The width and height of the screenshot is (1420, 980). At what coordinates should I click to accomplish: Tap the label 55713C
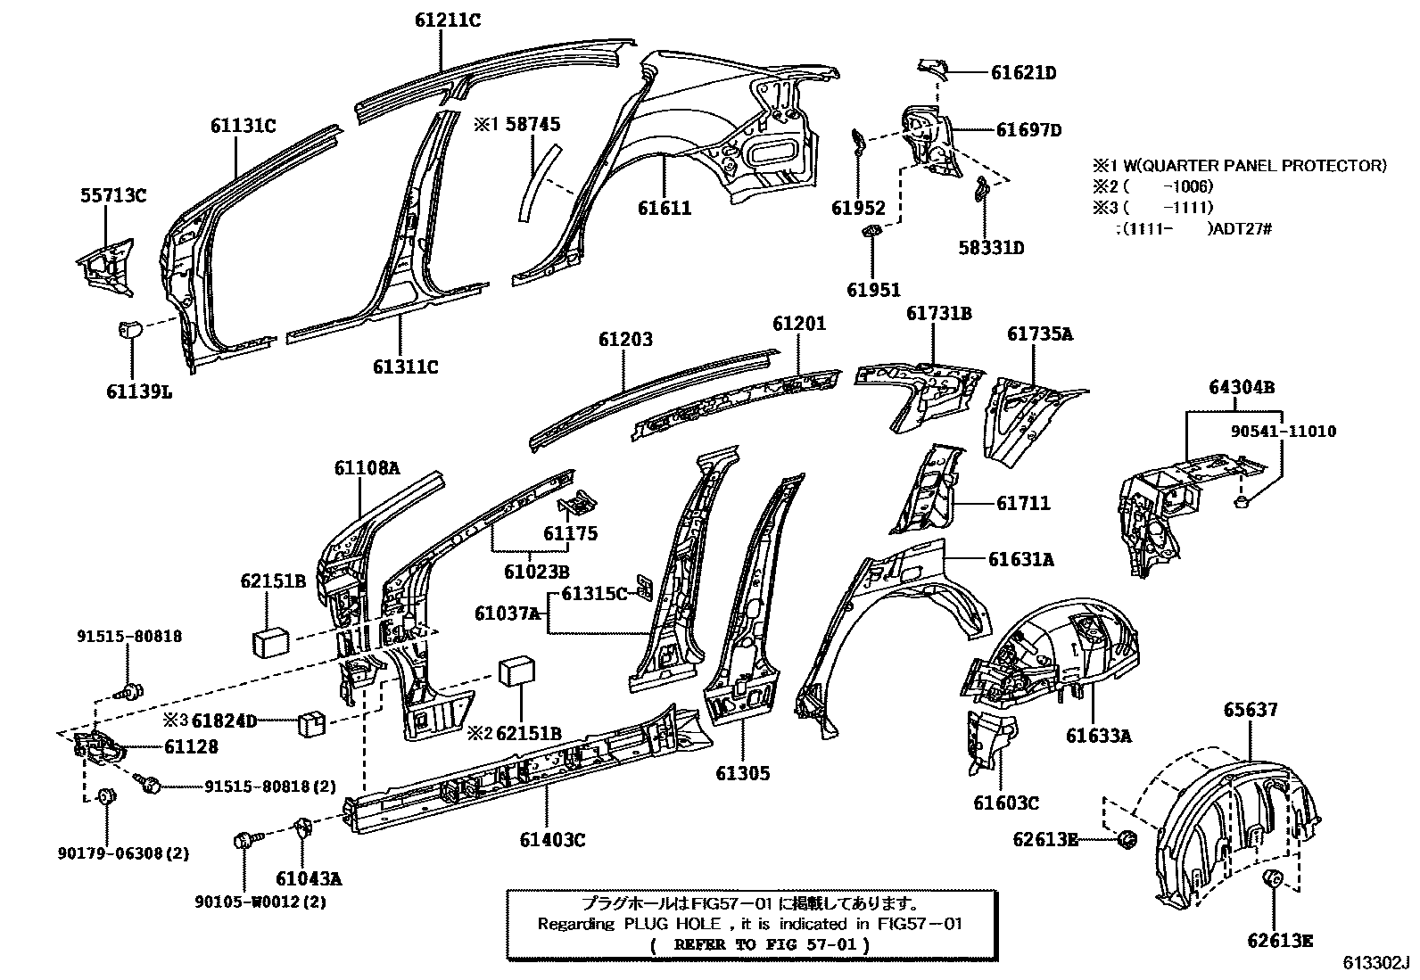tap(110, 196)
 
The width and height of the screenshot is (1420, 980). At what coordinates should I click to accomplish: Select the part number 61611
tap(665, 209)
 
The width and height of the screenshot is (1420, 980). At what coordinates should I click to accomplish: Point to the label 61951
tap(873, 289)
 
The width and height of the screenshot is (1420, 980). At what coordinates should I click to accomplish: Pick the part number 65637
tap(1250, 710)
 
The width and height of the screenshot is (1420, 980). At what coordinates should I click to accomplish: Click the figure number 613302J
tap(1376, 964)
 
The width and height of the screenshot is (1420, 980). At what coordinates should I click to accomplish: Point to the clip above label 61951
tap(872, 234)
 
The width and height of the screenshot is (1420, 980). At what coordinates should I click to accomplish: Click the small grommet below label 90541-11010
tap(1242, 505)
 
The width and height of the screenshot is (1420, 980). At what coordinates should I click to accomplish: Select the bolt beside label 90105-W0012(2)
tap(244, 840)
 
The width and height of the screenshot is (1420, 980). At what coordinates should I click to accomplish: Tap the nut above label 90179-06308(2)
tap(105, 795)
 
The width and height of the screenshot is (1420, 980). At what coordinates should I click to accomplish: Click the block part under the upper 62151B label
tap(270, 640)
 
